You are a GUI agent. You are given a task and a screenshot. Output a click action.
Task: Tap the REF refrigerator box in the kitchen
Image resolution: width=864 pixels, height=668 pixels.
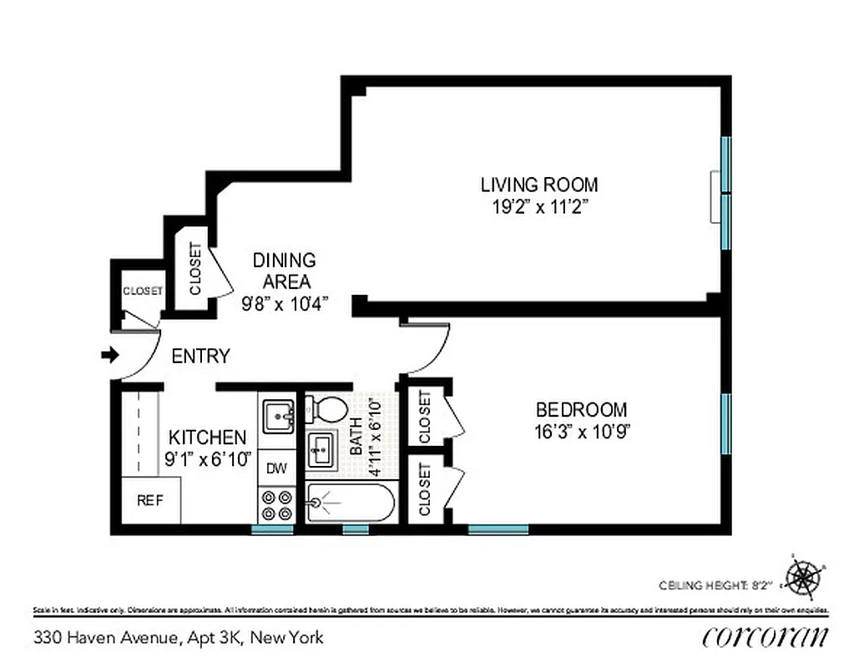pos(149,500)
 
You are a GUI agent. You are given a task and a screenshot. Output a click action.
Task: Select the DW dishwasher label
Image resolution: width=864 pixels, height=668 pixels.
pos(276,468)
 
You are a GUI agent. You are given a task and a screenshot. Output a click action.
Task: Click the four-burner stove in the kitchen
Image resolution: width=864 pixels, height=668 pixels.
pos(277,504)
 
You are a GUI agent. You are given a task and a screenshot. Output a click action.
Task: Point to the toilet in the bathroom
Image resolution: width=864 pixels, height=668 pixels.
pos(326,409)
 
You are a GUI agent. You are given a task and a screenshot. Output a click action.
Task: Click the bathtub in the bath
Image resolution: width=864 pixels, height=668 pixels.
pos(348,503)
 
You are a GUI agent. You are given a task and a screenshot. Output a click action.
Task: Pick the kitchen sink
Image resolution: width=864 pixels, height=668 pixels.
pos(278,415)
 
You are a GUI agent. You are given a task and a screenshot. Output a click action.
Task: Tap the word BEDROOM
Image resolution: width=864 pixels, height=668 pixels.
pos(581,410)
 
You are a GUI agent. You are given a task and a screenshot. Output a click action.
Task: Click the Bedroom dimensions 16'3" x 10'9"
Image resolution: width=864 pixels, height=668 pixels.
pos(581,433)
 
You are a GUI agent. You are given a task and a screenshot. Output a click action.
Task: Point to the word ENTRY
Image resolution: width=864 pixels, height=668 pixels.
pos(200,357)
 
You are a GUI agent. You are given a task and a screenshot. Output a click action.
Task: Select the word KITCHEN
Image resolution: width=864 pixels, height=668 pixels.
pos(207,438)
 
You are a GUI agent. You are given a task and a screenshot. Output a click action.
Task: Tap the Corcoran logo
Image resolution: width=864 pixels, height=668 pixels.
pos(765,636)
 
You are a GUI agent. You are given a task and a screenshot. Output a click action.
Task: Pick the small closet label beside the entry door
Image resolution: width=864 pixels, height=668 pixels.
pos(143,291)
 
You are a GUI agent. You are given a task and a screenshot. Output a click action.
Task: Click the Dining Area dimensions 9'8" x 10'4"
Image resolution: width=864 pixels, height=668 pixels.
pos(284,304)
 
